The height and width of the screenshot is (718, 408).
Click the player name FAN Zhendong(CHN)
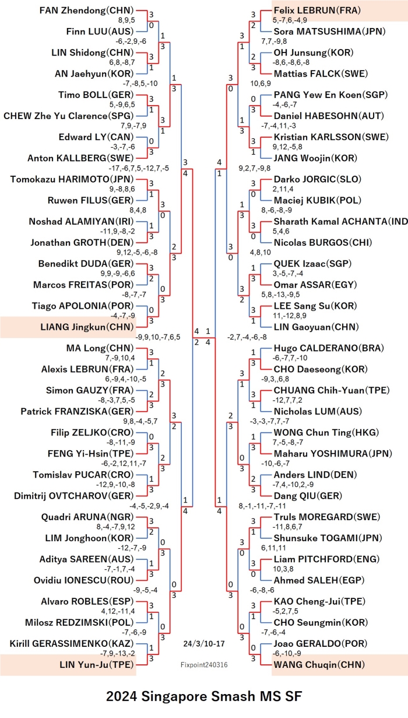point(86,11)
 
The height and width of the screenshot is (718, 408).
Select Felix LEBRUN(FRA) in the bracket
point(317,11)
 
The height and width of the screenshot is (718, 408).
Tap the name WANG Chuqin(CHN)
point(319,665)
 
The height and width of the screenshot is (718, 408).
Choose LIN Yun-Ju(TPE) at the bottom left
point(96,665)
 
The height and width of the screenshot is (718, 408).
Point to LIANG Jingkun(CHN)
point(87,327)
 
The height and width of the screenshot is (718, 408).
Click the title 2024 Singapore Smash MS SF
point(204,696)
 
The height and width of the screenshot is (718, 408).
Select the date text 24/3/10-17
point(204,644)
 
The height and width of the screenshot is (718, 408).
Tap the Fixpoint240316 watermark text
point(204,665)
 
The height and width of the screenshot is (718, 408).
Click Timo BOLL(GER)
point(96,95)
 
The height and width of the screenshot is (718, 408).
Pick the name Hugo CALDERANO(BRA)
point(329,348)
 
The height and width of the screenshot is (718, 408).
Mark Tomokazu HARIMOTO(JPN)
point(72,179)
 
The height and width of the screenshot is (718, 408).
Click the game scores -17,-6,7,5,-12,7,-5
point(139,168)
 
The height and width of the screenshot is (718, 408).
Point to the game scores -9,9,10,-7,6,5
point(158,337)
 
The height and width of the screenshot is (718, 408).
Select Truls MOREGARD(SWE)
point(327,517)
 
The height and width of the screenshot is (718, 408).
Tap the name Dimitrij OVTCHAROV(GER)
point(73,496)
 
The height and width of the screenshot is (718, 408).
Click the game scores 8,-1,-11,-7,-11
point(262,506)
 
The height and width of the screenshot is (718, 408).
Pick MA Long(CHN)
point(100,348)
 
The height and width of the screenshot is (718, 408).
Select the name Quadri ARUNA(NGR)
point(87,517)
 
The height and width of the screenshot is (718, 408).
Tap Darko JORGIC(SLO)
point(318,179)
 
